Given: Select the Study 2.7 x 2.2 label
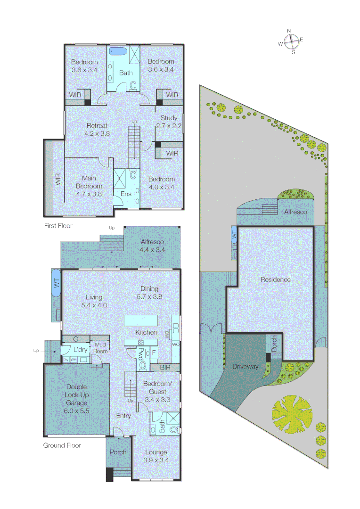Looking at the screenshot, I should coord(168,122).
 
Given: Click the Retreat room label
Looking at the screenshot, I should coord(97,129).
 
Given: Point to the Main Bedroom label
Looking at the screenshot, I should coord(89,186).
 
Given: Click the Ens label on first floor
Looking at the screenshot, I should coord(126,193).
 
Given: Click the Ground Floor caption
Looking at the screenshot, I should coord(62,445).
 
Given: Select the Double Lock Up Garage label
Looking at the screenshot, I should coord(76,399).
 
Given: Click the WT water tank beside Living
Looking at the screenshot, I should coord(56,283).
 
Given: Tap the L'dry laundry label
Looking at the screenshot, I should coord(81,349).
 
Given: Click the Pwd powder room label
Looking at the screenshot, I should coord(140,354).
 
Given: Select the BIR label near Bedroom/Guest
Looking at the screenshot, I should coord(165,367).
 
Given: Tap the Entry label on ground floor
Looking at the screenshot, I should coord(123,416).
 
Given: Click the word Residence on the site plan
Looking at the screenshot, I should coord(276,279).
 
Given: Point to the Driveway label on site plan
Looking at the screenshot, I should coord(245,366).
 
